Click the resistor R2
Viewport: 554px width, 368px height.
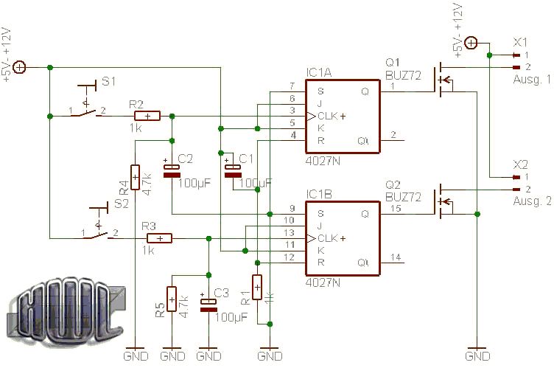coord(147,116)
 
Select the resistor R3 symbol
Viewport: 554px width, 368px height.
coord(160,237)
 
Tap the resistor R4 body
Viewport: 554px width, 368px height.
coord(135,178)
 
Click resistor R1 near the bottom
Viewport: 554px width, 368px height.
coord(257,287)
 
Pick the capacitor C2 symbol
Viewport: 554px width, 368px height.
coord(172,170)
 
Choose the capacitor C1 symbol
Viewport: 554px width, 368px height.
coord(233,170)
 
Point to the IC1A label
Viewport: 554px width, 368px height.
coord(319,74)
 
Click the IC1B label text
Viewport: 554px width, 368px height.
coord(319,195)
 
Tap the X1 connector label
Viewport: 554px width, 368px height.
coord(521,41)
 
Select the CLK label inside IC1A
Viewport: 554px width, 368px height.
coord(328,116)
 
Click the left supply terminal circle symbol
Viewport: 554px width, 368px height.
coord(20,68)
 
